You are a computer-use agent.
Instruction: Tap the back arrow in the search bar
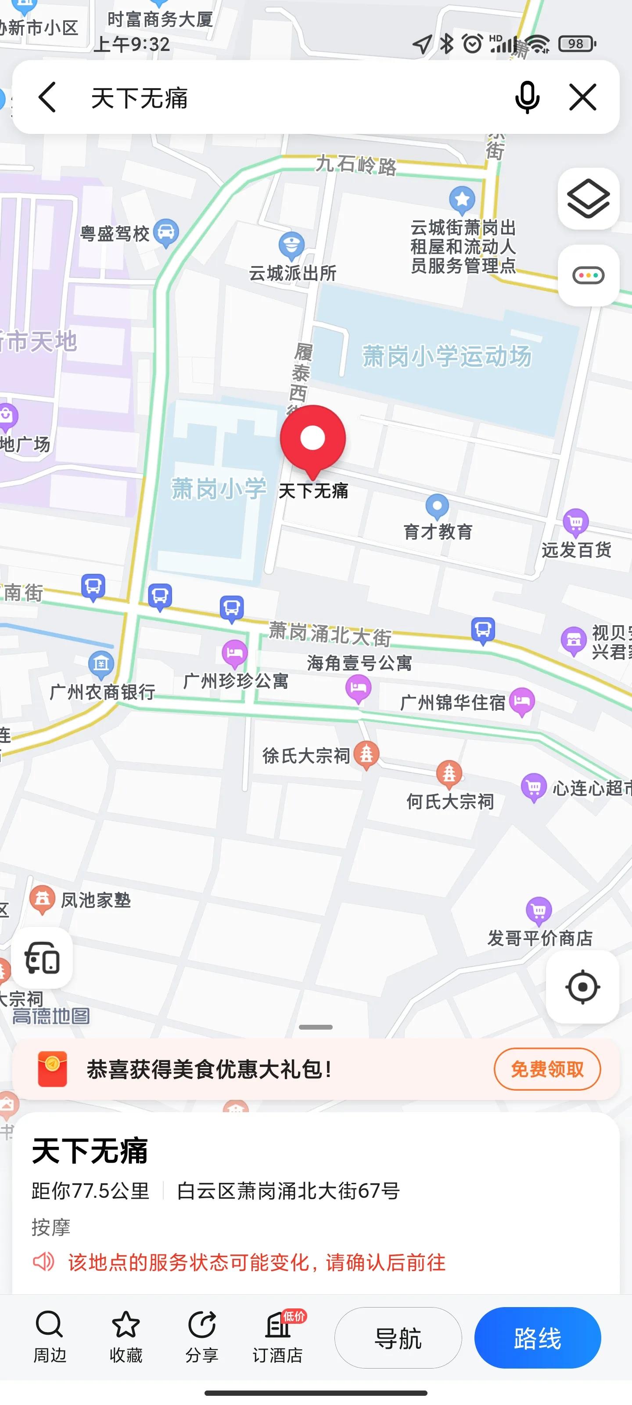(47, 97)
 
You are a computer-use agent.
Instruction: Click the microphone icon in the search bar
(527, 97)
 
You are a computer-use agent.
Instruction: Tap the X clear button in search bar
(582, 97)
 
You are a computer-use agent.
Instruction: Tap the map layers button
(588, 199)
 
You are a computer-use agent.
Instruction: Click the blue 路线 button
(537, 1338)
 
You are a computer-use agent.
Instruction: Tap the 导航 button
(398, 1338)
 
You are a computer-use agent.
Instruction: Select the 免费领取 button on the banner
(547, 1069)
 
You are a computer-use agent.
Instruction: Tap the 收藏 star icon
(126, 1326)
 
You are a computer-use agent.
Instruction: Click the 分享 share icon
(202, 1326)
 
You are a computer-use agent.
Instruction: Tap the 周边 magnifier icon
(50, 1326)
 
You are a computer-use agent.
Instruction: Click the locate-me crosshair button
(582, 987)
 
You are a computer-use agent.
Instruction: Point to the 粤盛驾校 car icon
(166, 232)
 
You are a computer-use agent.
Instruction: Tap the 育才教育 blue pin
(437, 506)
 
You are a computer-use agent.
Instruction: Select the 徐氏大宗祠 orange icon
(366, 754)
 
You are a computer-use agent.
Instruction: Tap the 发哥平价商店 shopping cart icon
(539, 910)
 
